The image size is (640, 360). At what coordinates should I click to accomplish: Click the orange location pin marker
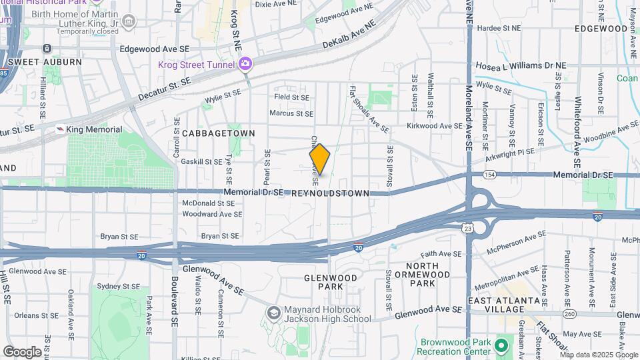coord(320,159)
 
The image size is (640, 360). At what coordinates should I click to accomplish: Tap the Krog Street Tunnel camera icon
coord(245,64)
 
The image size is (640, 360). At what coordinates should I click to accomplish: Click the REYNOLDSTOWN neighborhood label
coord(331,193)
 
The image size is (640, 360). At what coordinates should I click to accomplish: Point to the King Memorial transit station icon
coord(60,129)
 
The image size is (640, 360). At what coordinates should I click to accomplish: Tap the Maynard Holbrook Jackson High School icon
coord(273,313)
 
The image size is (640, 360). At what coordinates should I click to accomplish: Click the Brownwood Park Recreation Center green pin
coord(500,347)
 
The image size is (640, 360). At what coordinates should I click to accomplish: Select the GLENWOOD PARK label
coord(327,283)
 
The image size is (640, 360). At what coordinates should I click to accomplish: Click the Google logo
coord(22,352)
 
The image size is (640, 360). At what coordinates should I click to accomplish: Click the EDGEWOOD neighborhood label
coord(601,29)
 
